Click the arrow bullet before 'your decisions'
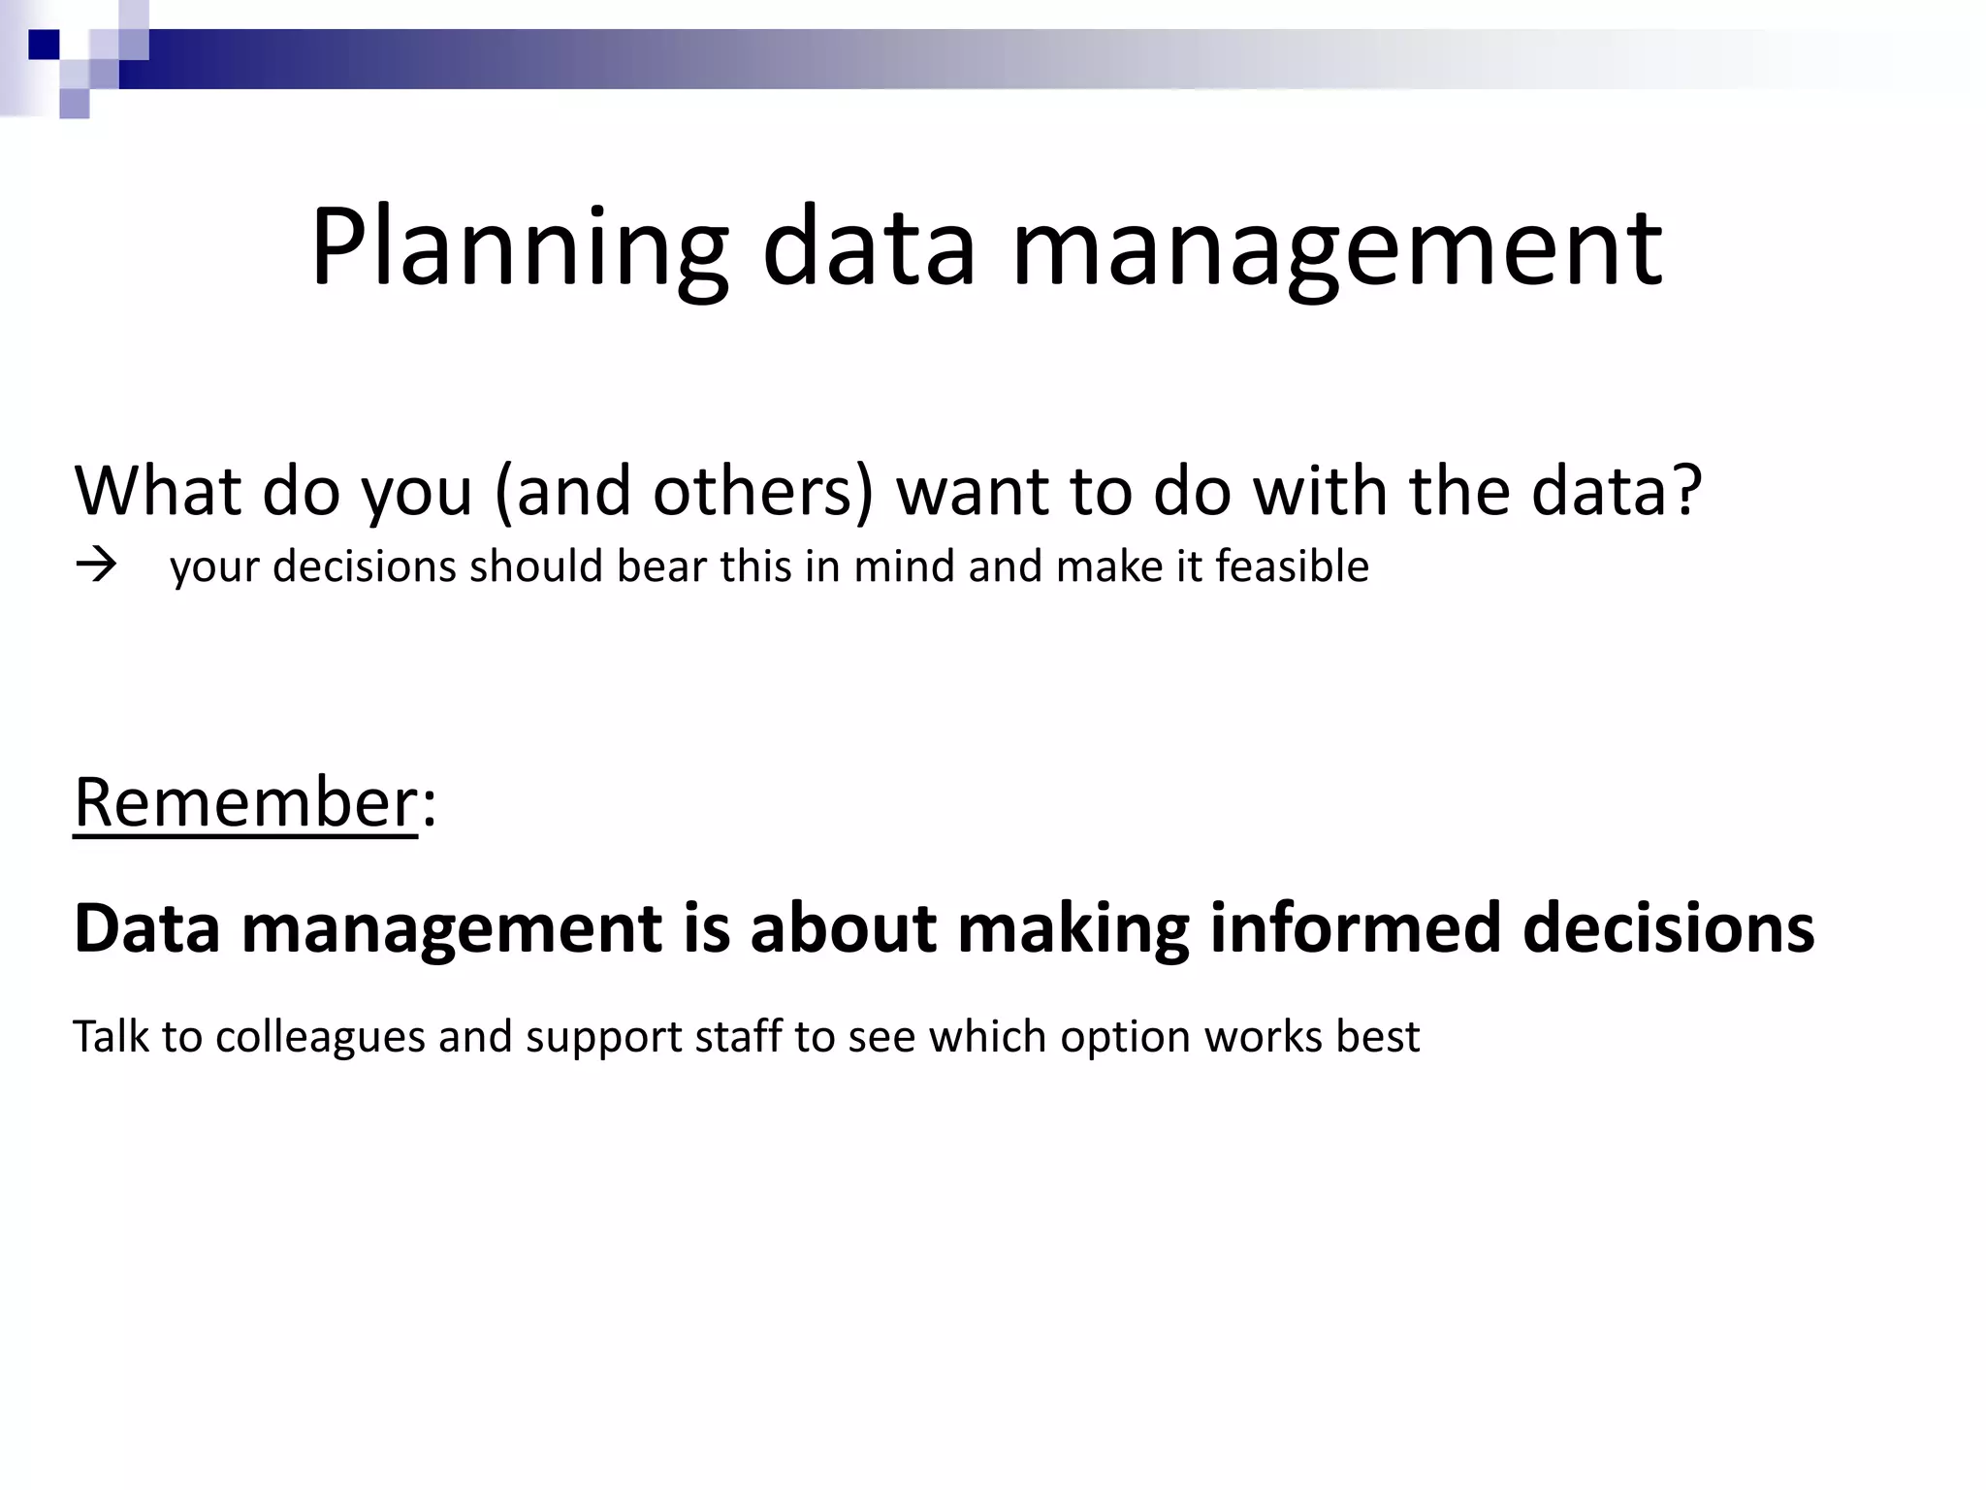96,566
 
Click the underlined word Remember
245,803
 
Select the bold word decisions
1668,928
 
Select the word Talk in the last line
111,1037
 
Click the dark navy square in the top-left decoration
44,45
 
